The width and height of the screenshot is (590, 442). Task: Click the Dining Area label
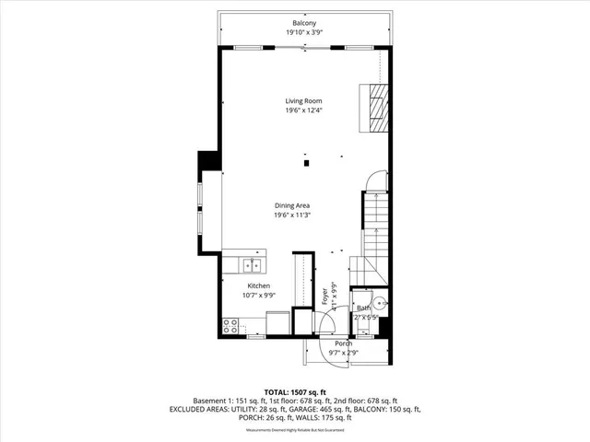click(291, 205)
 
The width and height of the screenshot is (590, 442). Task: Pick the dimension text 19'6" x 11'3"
click(291, 215)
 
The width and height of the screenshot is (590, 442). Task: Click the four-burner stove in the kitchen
click(230, 325)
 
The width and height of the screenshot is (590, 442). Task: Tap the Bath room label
click(363, 308)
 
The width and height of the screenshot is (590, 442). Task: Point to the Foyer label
click(324, 297)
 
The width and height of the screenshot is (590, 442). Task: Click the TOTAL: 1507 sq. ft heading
click(295, 391)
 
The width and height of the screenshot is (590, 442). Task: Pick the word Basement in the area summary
click(209, 401)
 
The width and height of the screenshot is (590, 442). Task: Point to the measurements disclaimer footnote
click(295, 430)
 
